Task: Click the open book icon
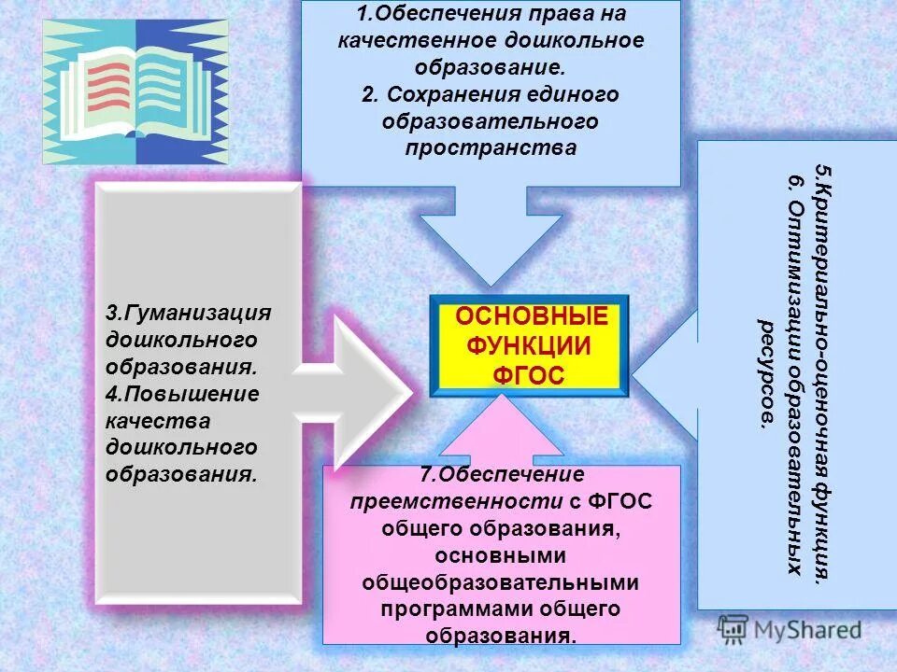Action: [x=135, y=91]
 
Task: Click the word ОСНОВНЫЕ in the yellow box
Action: [x=531, y=316]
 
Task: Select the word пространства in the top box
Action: [x=491, y=147]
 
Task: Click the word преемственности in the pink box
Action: [x=455, y=501]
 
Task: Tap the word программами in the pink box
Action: [x=442, y=609]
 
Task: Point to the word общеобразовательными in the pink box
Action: [x=501, y=582]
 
